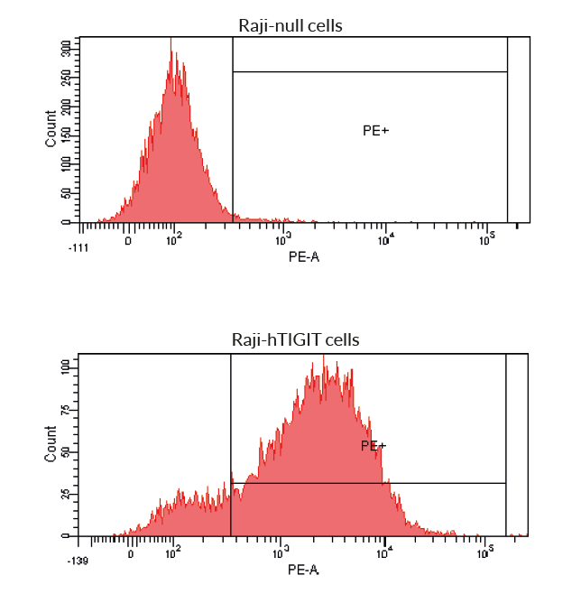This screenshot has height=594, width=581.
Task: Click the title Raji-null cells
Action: [290, 25]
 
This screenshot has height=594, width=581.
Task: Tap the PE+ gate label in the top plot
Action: [375, 131]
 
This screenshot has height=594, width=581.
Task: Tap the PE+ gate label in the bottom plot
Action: [373, 446]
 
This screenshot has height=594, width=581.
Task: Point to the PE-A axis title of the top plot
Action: [303, 257]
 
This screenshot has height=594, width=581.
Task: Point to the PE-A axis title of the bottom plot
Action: [303, 571]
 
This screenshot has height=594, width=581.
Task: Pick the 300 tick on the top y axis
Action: [66, 49]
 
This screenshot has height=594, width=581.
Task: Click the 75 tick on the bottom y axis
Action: [66, 408]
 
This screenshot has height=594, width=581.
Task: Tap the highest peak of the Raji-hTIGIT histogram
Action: [324, 357]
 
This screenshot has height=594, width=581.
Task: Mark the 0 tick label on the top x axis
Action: [128, 241]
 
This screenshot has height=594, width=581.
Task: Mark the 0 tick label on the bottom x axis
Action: [132, 554]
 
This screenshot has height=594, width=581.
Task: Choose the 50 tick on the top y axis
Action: [66, 193]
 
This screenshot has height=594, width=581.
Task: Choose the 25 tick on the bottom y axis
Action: [66, 494]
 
